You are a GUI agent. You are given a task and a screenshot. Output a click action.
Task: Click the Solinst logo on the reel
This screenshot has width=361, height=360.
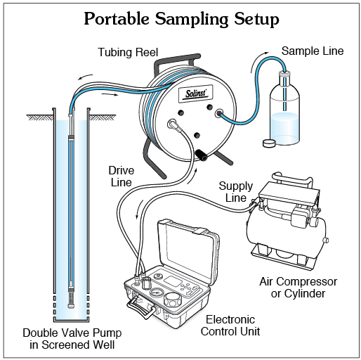click(196, 94)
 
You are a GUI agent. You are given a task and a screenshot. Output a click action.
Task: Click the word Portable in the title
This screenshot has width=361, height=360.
click(117, 19)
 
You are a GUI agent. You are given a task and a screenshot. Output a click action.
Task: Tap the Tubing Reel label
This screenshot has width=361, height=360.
click(128, 52)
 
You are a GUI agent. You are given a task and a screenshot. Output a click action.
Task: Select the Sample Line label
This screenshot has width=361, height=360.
click(313, 51)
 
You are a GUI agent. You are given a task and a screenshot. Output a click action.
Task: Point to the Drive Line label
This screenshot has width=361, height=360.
click(122, 176)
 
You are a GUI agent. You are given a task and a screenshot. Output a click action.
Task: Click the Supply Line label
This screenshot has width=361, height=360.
click(236, 192)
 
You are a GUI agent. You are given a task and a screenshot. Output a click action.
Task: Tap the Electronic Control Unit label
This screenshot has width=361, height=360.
click(230, 326)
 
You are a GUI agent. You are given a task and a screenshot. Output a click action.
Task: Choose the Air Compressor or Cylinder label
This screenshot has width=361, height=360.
click(298, 288)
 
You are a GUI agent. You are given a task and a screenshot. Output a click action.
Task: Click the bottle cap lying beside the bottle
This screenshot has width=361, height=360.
click(269, 143)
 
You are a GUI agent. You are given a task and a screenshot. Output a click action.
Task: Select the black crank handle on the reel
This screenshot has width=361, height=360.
click(202, 155)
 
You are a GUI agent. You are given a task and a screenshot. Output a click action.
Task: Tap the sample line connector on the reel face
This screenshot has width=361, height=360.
click(219, 113)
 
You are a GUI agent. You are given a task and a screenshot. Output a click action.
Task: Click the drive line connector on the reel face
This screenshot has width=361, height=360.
click(172, 123)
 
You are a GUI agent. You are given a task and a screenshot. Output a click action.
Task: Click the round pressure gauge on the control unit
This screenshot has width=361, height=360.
click(155, 292)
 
